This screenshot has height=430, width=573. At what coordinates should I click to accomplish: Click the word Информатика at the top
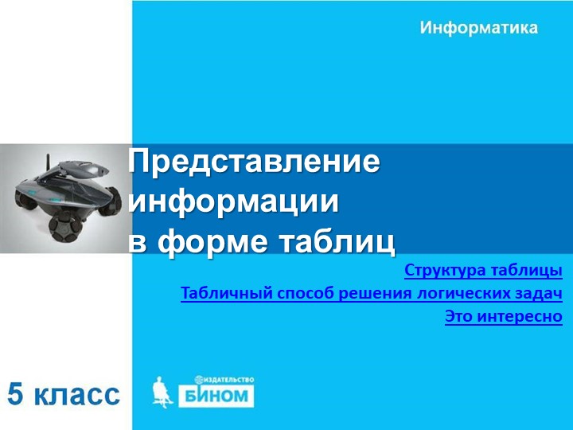point(478,28)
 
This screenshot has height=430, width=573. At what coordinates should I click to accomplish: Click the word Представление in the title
point(255,162)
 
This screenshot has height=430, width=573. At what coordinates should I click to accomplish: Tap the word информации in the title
point(233,201)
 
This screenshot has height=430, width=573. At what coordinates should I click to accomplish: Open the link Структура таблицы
point(483,270)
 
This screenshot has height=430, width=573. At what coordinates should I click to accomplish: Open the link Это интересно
point(503,316)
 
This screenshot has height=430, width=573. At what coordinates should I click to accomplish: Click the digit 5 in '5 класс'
point(17,393)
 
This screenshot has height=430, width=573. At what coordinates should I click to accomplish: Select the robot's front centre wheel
point(63,228)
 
